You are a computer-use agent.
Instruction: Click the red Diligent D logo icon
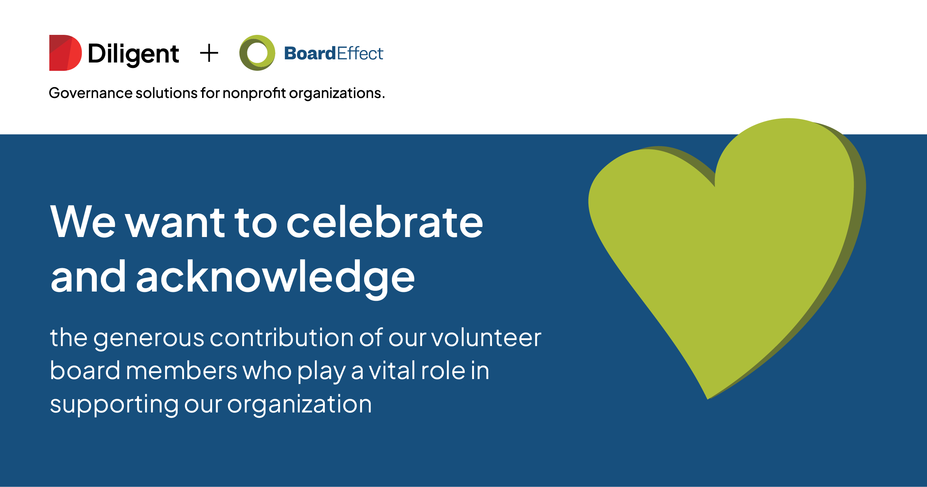pos(65,53)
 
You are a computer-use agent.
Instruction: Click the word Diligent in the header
pos(133,55)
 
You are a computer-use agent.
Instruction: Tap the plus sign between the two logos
pos(209,53)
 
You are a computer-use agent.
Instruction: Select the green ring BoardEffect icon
pos(257,53)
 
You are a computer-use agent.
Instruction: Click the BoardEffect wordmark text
pos(334,53)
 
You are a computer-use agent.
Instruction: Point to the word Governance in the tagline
pos(90,93)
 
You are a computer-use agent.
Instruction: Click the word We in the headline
pos(83,221)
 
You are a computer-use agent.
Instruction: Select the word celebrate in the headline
pos(385,221)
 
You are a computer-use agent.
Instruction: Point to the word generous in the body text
pos(149,339)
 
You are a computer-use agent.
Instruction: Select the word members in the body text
pos(181,371)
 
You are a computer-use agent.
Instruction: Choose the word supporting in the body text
pos(114,405)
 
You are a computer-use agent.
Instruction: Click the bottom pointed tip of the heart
pos(707,399)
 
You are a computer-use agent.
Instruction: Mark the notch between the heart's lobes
pos(715,186)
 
